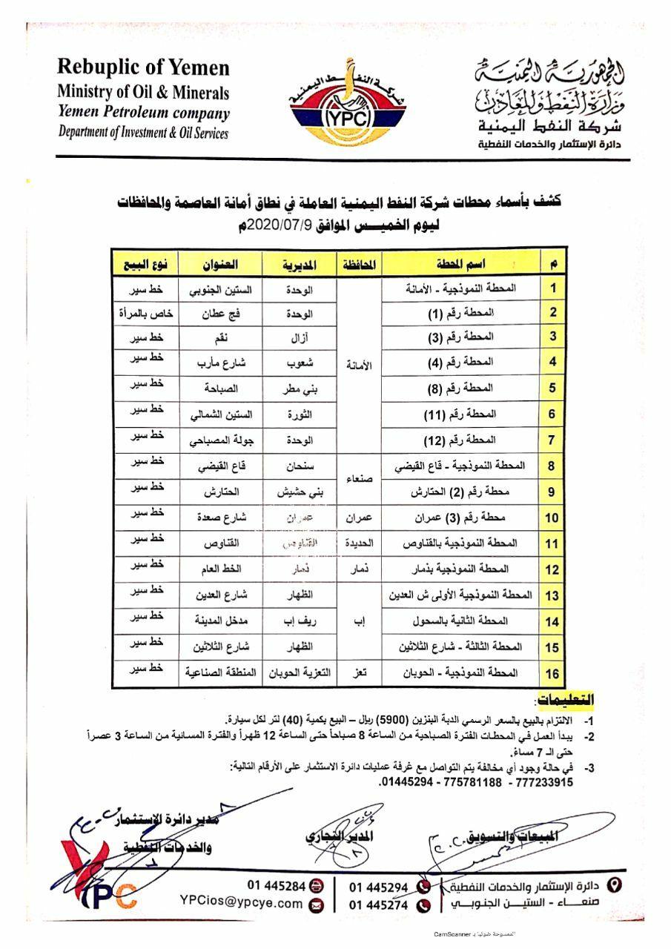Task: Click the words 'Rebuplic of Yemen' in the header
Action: pyautogui.click(x=144, y=69)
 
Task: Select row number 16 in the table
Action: pyautogui.click(x=552, y=674)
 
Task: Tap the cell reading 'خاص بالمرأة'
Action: pyautogui.click(x=145, y=314)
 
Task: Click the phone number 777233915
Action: pyautogui.click(x=546, y=781)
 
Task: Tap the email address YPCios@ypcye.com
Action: pyautogui.click(x=242, y=903)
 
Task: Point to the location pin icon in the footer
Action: pyautogui.click(x=614, y=884)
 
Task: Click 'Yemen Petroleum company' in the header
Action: pyautogui.click(x=144, y=113)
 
